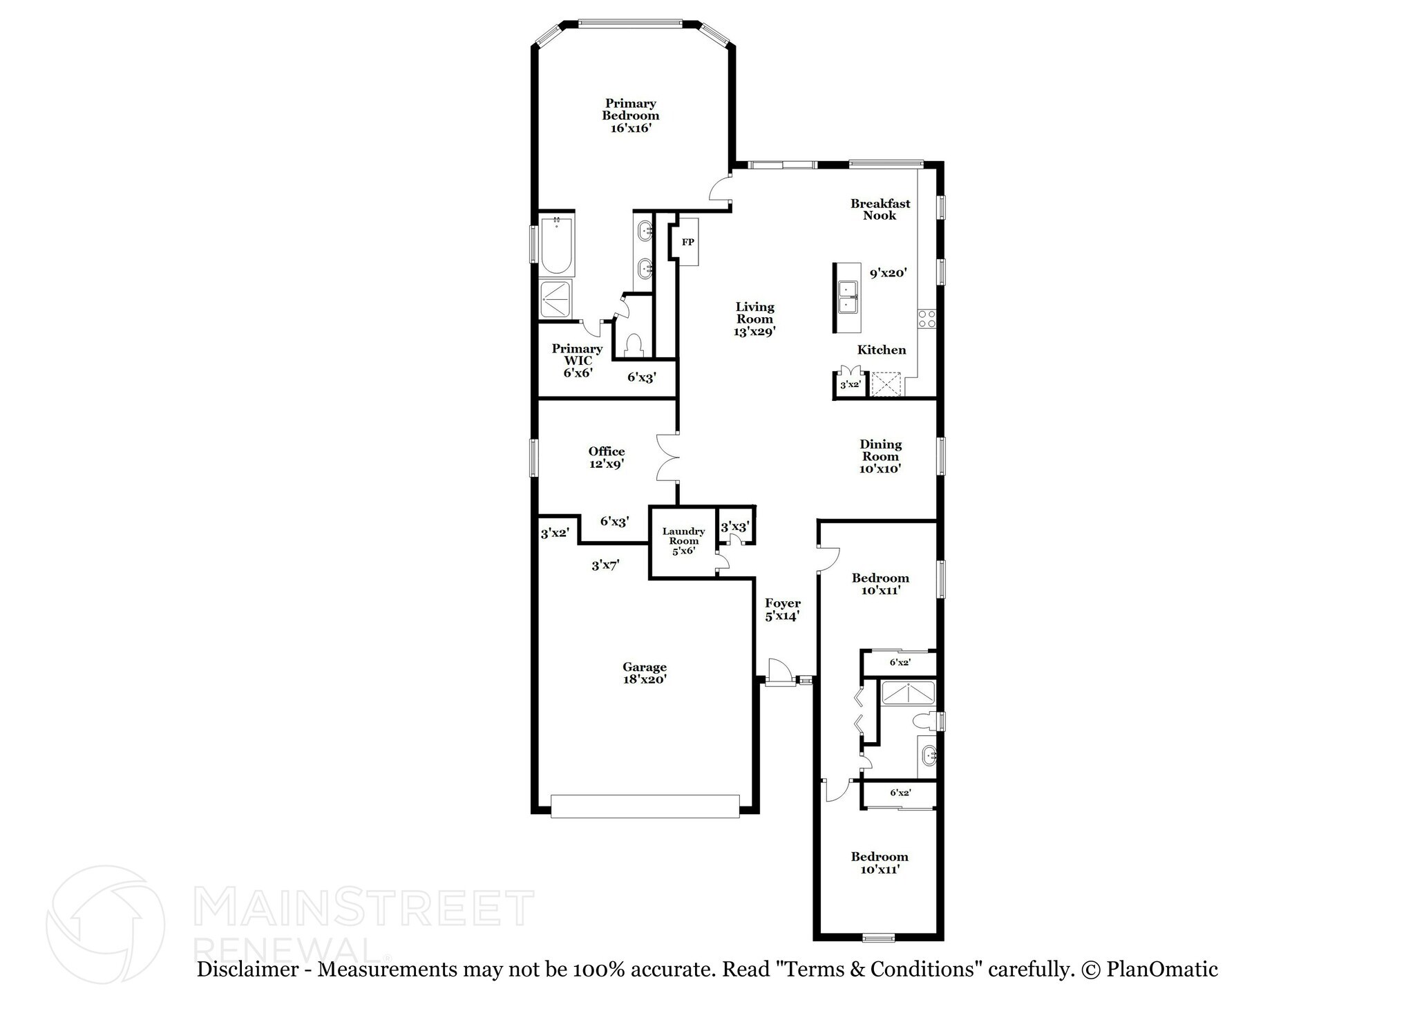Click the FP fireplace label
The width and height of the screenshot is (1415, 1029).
coord(687,242)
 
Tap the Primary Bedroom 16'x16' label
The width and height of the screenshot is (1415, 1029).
coord(630,115)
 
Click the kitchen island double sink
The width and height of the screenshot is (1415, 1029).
coord(848,297)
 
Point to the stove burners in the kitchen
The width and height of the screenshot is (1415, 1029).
coord(926,319)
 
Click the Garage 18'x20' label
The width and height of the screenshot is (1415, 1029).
coord(644,672)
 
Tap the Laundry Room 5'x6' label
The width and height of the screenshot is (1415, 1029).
coord(683,540)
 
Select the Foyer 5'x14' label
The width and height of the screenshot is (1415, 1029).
coord(782,610)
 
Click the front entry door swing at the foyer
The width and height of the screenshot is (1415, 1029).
coord(778,670)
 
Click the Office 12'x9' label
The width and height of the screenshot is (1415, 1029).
coord(607,457)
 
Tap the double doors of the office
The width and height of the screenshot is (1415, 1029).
coord(667,457)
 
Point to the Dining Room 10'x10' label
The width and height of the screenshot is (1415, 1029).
coord(880,456)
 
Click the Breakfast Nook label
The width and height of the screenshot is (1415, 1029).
coord(880,209)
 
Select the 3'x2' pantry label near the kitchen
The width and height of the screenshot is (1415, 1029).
coord(849,384)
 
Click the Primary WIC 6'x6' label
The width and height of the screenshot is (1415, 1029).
coord(577,360)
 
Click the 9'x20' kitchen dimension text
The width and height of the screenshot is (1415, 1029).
coord(888,273)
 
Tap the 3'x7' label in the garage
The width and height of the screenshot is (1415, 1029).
coord(605,565)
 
